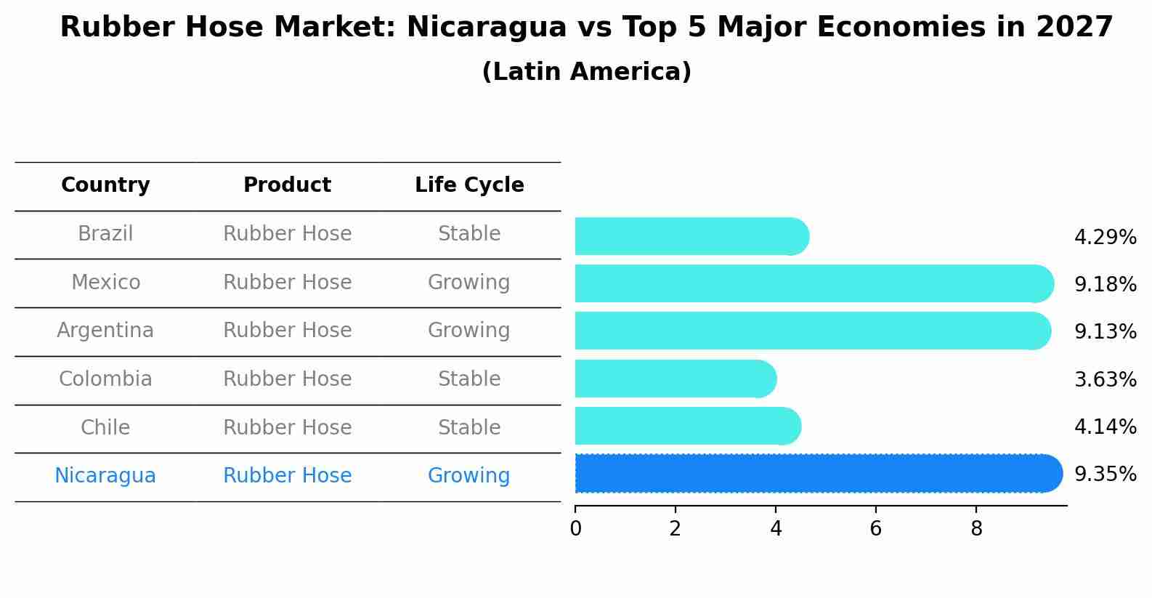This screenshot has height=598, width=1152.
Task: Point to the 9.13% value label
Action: (1105, 332)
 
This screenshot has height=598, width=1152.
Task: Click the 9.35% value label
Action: (1105, 474)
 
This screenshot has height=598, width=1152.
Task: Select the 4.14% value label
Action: (1105, 427)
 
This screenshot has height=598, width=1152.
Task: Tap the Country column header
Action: (105, 185)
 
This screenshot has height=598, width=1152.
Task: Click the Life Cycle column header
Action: (469, 185)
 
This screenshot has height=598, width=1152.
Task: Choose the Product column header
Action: (287, 185)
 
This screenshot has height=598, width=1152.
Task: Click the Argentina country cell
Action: (105, 331)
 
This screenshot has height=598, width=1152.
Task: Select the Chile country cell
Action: (105, 427)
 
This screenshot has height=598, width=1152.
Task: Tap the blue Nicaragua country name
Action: (105, 476)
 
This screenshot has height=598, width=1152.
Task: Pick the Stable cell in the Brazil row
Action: (469, 234)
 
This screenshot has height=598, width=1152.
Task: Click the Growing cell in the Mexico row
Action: (469, 282)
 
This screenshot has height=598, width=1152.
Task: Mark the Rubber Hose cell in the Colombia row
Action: (287, 379)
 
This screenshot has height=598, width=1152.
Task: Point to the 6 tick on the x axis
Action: (876, 529)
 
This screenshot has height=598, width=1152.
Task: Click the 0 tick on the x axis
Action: (575, 529)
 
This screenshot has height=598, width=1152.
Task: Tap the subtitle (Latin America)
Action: (586, 72)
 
